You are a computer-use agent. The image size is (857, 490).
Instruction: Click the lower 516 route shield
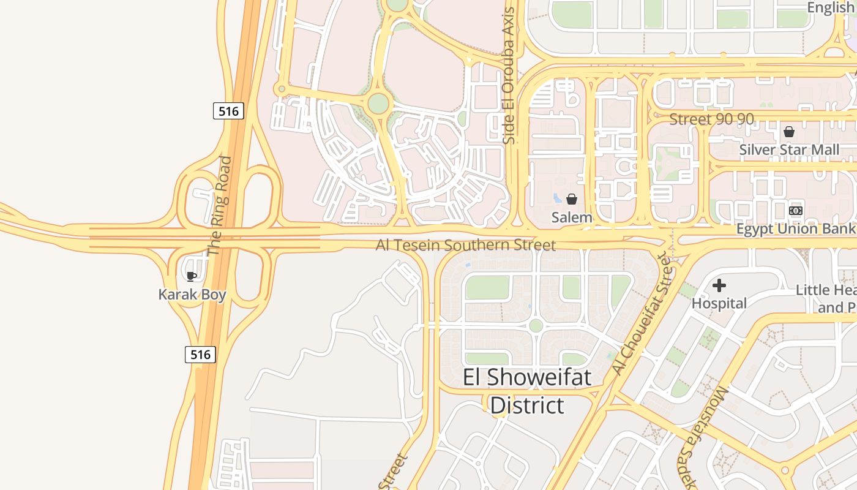coord(200,354)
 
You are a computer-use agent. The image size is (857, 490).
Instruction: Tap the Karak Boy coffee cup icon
coord(192,276)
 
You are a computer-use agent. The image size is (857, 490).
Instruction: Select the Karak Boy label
coord(192,295)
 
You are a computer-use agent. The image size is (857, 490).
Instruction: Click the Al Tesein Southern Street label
coord(466,246)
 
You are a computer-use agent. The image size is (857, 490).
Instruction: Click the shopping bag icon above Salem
coord(572,199)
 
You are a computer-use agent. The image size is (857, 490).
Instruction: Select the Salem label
coord(572,217)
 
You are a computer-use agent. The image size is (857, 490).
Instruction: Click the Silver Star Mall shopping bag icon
coord(789,132)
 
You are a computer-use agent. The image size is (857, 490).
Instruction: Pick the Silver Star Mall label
coord(789,150)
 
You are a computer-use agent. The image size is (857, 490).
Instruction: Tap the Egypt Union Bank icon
coord(796,211)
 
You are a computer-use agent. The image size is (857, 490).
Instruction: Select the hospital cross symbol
coord(719,285)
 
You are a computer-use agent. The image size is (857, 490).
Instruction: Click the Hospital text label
coord(719,303)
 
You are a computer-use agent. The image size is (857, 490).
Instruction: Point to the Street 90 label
coord(711,119)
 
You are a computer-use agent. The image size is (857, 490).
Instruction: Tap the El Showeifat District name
coord(527,391)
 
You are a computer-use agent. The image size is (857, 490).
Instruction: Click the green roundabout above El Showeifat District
coord(536,325)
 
